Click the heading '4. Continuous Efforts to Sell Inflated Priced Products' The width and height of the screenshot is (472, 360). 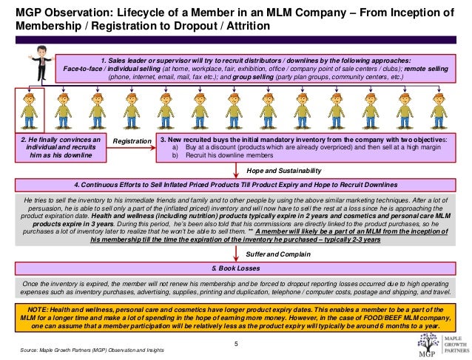coord(237,184)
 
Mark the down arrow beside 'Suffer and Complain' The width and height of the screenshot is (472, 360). coord(237,253)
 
